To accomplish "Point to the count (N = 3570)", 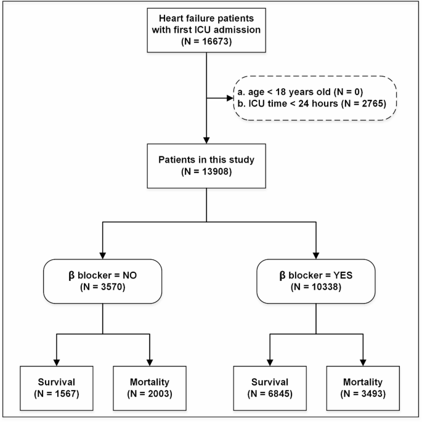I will [102, 287].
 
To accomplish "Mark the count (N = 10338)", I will [315, 287].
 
